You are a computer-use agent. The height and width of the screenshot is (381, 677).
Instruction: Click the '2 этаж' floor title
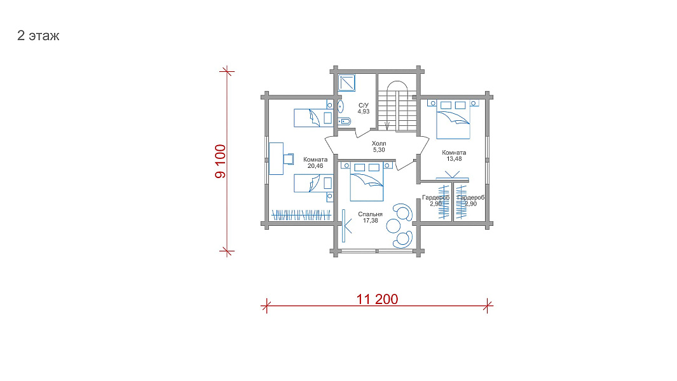[38, 36]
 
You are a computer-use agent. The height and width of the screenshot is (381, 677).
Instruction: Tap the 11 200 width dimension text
[377, 299]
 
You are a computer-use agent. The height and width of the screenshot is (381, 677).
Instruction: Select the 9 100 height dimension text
[220, 161]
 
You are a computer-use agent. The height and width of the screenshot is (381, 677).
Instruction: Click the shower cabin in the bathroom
[346, 83]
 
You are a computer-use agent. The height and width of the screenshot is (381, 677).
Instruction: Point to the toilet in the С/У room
[345, 121]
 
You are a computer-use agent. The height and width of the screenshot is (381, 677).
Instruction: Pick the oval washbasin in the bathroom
[341, 106]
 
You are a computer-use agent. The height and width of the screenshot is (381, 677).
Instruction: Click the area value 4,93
[364, 111]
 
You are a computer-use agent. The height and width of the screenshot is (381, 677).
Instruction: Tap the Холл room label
[379, 143]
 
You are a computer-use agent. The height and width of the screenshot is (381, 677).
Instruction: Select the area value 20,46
[315, 166]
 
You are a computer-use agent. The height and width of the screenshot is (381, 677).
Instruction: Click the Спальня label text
[371, 214]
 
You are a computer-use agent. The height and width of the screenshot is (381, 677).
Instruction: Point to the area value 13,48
[454, 159]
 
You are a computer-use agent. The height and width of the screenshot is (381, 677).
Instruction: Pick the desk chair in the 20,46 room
[289, 158]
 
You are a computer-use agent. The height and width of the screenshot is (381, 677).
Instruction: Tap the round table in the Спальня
[393, 226]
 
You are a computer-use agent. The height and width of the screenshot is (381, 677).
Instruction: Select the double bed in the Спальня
[367, 181]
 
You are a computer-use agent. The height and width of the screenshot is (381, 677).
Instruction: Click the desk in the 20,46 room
[277, 158]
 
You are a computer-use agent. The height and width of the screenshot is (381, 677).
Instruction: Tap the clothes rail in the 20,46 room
[301, 215]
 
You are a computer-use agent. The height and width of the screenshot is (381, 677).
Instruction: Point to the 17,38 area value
[371, 221]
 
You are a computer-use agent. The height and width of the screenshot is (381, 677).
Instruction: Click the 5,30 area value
[379, 150]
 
